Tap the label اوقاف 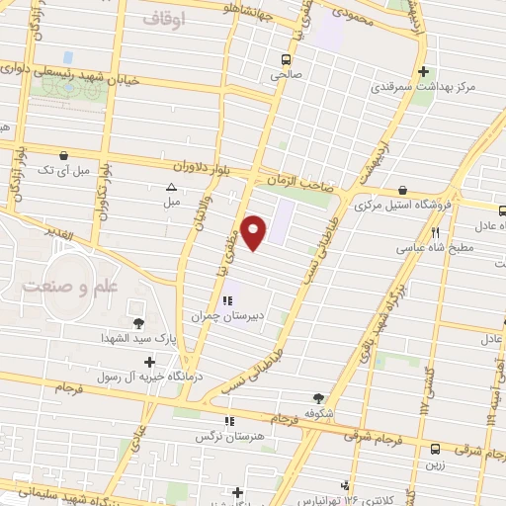(x=164, y=19)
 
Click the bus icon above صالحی (x=286, y=58)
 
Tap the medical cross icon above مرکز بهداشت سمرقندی (x=423, y=71)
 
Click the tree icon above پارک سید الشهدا (x=137, y=322)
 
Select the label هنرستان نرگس (x=217, y=435)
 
